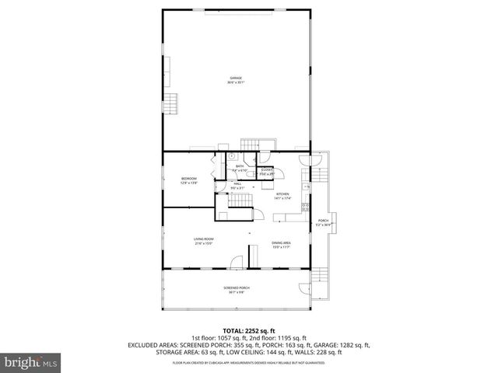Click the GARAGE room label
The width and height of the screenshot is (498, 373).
[x=235, y=78]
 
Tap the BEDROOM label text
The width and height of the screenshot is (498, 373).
[x=189, y=179]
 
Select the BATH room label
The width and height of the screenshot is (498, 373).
[x=240, y=166]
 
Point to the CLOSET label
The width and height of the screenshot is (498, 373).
[x=267, y=169]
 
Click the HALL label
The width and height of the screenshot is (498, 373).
[x=237, y=183]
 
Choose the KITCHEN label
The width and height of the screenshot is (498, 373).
[x=282, y=193]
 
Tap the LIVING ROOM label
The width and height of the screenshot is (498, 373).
[x=204, y=239]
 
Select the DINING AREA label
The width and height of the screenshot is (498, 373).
[x=281, y=242]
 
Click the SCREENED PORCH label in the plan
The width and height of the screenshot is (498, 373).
[x=236, y=288]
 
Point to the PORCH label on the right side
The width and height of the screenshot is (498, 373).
[x=322, y=221]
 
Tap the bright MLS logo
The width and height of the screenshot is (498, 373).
[x=30, y=362]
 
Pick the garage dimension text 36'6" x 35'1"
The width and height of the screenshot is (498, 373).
[x=235, y=82]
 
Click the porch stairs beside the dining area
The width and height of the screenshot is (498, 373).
[x=320, y=272]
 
